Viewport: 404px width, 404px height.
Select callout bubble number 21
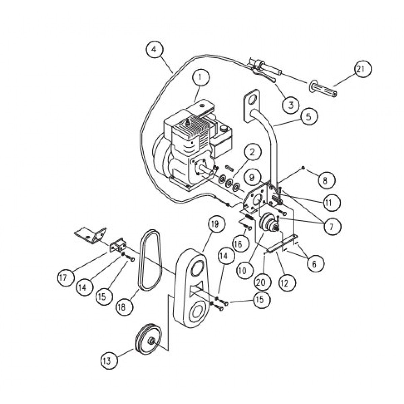[x=362, y=69]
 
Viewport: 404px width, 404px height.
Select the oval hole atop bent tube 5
[x=251, y=101]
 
